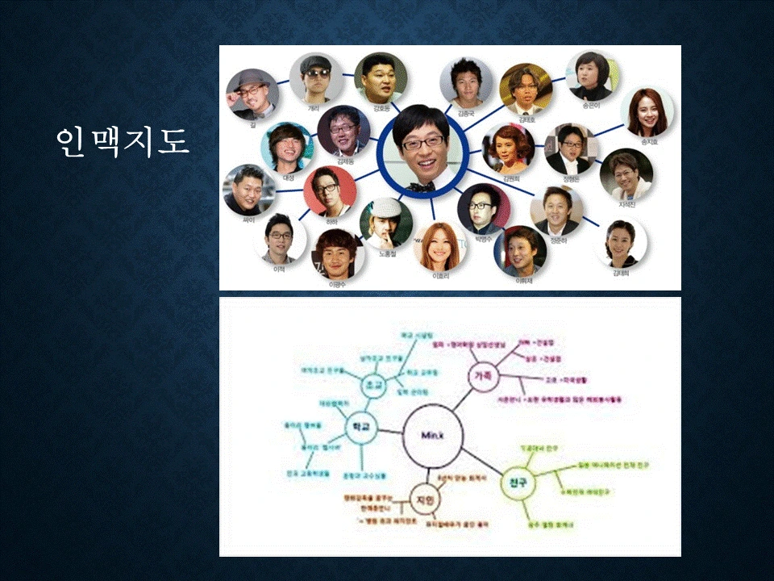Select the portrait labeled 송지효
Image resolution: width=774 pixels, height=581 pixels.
[648, 113]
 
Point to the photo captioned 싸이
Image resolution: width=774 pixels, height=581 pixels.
[248, 190]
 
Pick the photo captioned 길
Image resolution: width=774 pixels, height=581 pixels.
[252, 94]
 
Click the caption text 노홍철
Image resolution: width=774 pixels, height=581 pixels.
[389, 254]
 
